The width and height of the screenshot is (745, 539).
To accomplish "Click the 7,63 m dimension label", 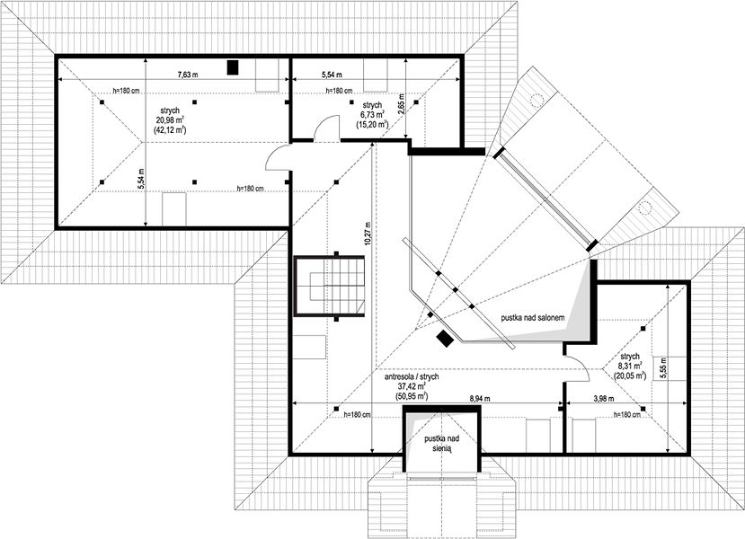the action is [188, 74].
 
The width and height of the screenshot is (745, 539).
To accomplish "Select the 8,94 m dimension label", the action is [481, 400].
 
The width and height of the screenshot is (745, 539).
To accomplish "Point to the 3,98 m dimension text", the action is [602, 399].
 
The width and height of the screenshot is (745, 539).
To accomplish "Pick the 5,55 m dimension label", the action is [663, 368].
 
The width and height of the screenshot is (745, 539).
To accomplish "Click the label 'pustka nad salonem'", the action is [533, 318].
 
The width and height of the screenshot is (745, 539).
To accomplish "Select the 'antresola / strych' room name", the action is [411, 376].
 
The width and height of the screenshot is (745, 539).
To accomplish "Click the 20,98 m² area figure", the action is [170, 119].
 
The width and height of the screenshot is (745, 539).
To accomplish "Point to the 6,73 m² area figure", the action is [371, 114].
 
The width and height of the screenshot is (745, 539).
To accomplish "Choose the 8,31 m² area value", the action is [630, 366].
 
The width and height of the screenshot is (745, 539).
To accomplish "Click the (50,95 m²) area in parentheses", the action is [411, 395].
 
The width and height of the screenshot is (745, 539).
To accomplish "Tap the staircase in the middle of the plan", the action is [330, 286].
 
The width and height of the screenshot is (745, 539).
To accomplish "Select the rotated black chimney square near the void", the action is [445, 339].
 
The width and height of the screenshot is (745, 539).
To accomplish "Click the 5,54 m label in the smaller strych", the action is [332, 75].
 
